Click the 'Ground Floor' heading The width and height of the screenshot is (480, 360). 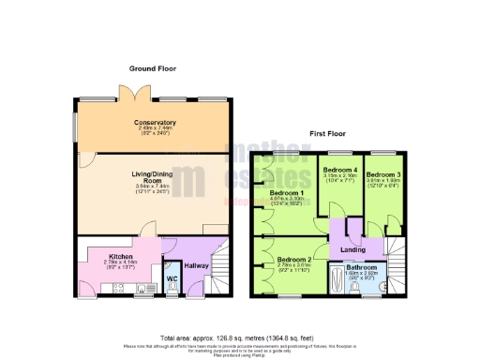pos(154,68)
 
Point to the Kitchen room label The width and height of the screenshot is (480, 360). pos(119,255)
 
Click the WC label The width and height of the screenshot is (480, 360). pos(172,278)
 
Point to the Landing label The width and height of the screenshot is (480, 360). pos(352,248)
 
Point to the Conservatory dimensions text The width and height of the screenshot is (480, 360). pos(154,131)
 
